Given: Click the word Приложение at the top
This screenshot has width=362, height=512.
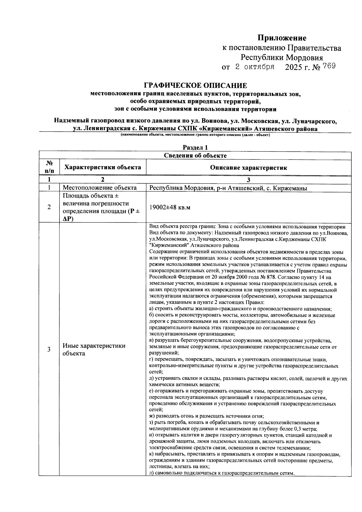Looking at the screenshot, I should [x=282, y=38].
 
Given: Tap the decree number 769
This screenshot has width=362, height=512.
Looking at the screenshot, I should [x=329, y=66].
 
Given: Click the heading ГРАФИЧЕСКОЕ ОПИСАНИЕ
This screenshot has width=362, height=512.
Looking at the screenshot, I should [x=195, y=86].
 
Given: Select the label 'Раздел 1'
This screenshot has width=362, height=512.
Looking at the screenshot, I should [x=195, y=147].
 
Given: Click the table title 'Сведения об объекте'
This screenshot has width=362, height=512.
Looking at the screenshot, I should [x=195, y=156].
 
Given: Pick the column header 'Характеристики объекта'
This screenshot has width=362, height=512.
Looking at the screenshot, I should [x=103, y=167].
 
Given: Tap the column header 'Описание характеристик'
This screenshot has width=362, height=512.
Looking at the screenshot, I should [x=249, y=168].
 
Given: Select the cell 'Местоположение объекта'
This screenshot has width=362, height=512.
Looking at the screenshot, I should [x=100, y=188].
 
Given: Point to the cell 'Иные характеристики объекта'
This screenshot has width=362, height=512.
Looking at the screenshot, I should [x=94, y=349].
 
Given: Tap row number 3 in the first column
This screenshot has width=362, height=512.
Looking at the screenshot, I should [x=49, y=349].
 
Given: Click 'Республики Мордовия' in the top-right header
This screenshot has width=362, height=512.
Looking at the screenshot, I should [x=281, y=57].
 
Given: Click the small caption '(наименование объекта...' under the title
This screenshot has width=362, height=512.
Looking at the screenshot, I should [x=195, y=135].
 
